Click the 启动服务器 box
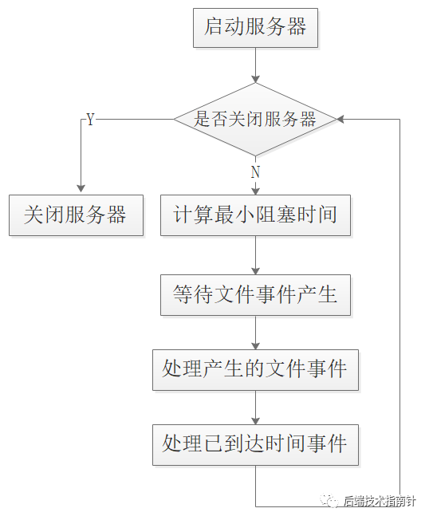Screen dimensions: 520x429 pyautogui.click(x=255, y=28)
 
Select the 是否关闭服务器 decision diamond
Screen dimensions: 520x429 pyautogui.click(x=255, y=120)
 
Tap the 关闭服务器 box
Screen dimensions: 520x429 pyautogui.click(x=76, y=215)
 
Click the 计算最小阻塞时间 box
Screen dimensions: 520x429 pyautogui.click(x=255, y=215)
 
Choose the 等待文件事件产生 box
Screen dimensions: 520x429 pyautogui.click(x=255, y=294)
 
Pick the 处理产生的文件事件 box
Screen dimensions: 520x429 pyautogui.click(x=255, y=368)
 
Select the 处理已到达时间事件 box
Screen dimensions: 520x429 pyautogui.click(x=255, y=444)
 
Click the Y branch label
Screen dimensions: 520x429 pyautogui.click(x=90, y=120)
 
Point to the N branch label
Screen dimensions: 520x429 pyautogui.click(x=255, y=171)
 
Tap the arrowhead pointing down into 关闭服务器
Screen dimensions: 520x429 pyautogui.click(x=80, y=189)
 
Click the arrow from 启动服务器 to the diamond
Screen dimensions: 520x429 pyautogui.click(x=255, y=65)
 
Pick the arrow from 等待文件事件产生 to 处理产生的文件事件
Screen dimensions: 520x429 pyautogui.click(x=255, y=331)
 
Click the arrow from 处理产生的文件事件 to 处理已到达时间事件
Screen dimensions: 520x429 pyautogui.click(x=255, y=407)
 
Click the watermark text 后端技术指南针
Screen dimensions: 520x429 pyautogui.click(x=380, y=501)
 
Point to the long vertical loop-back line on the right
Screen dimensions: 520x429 pyautogui.click(x=399, y=311)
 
